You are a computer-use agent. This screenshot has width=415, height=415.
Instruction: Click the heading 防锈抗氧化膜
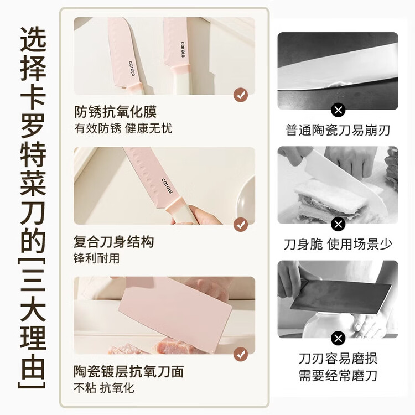[116, 112]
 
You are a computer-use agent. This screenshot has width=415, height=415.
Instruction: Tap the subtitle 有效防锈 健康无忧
[123, 128]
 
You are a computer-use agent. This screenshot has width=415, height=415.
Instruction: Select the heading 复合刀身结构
[113, 242]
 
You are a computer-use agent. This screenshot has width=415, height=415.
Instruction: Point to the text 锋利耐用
[96, 258]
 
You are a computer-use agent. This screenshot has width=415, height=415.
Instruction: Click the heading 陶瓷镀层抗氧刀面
[128, 372]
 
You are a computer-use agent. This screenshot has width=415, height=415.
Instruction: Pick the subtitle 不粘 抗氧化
[104, 388]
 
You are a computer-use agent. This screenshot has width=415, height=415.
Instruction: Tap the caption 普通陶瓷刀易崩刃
[338, 130]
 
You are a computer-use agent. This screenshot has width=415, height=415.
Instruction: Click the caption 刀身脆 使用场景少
[338, 244]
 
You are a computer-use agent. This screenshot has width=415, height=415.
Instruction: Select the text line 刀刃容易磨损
[338, 359]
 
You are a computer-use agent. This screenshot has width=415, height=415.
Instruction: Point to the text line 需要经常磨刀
[338, 376]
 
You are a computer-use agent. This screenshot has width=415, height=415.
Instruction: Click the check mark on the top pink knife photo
[241, 95]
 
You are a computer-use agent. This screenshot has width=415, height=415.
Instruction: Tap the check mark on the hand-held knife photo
[241, 225]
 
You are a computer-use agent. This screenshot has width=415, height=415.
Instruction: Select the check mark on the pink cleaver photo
[241, 354]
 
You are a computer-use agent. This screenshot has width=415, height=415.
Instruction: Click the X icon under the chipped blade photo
[338, 110]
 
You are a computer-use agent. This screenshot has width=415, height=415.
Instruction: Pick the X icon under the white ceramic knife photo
[338, 224]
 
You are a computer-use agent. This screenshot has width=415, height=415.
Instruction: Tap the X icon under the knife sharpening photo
[338, 338]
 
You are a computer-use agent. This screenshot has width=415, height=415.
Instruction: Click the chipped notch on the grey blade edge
[338, 85]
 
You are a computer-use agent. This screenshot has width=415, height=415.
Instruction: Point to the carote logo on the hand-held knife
[167, 186]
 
